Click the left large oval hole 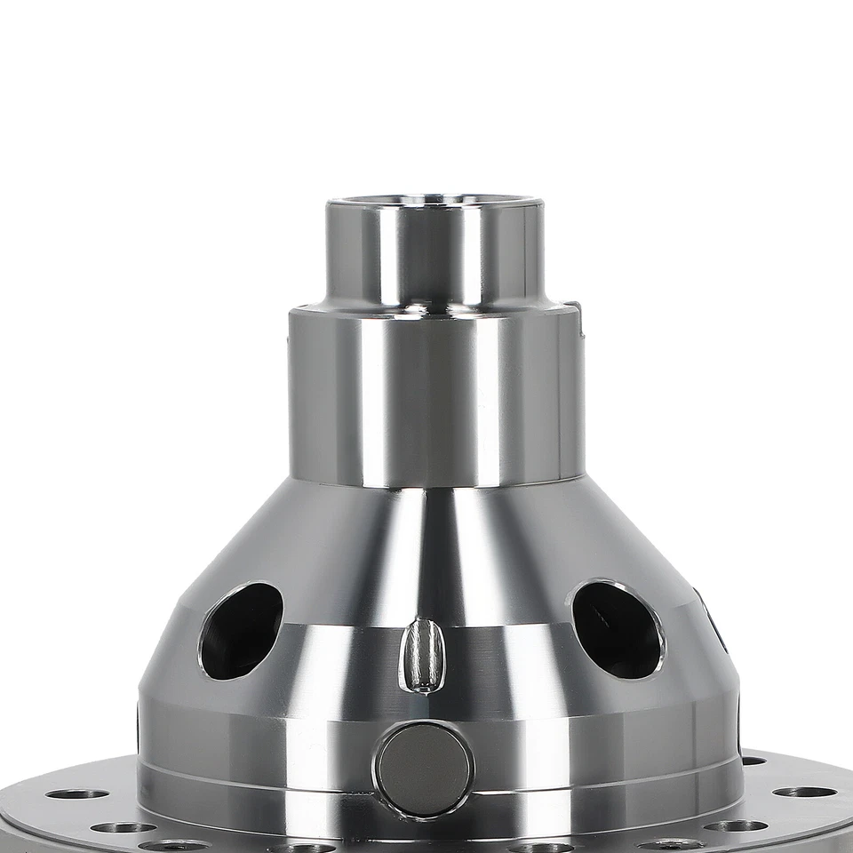tap(241, 630)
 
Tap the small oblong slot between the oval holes tap(423, 656)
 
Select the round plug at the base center tap(424, 769)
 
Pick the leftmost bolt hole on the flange tap(77, 793)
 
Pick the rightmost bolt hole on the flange tap(803, 792)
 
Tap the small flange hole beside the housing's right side tap(753, 761)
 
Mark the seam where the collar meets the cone tap(435, 485)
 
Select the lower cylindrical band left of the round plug tap(258, 746)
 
